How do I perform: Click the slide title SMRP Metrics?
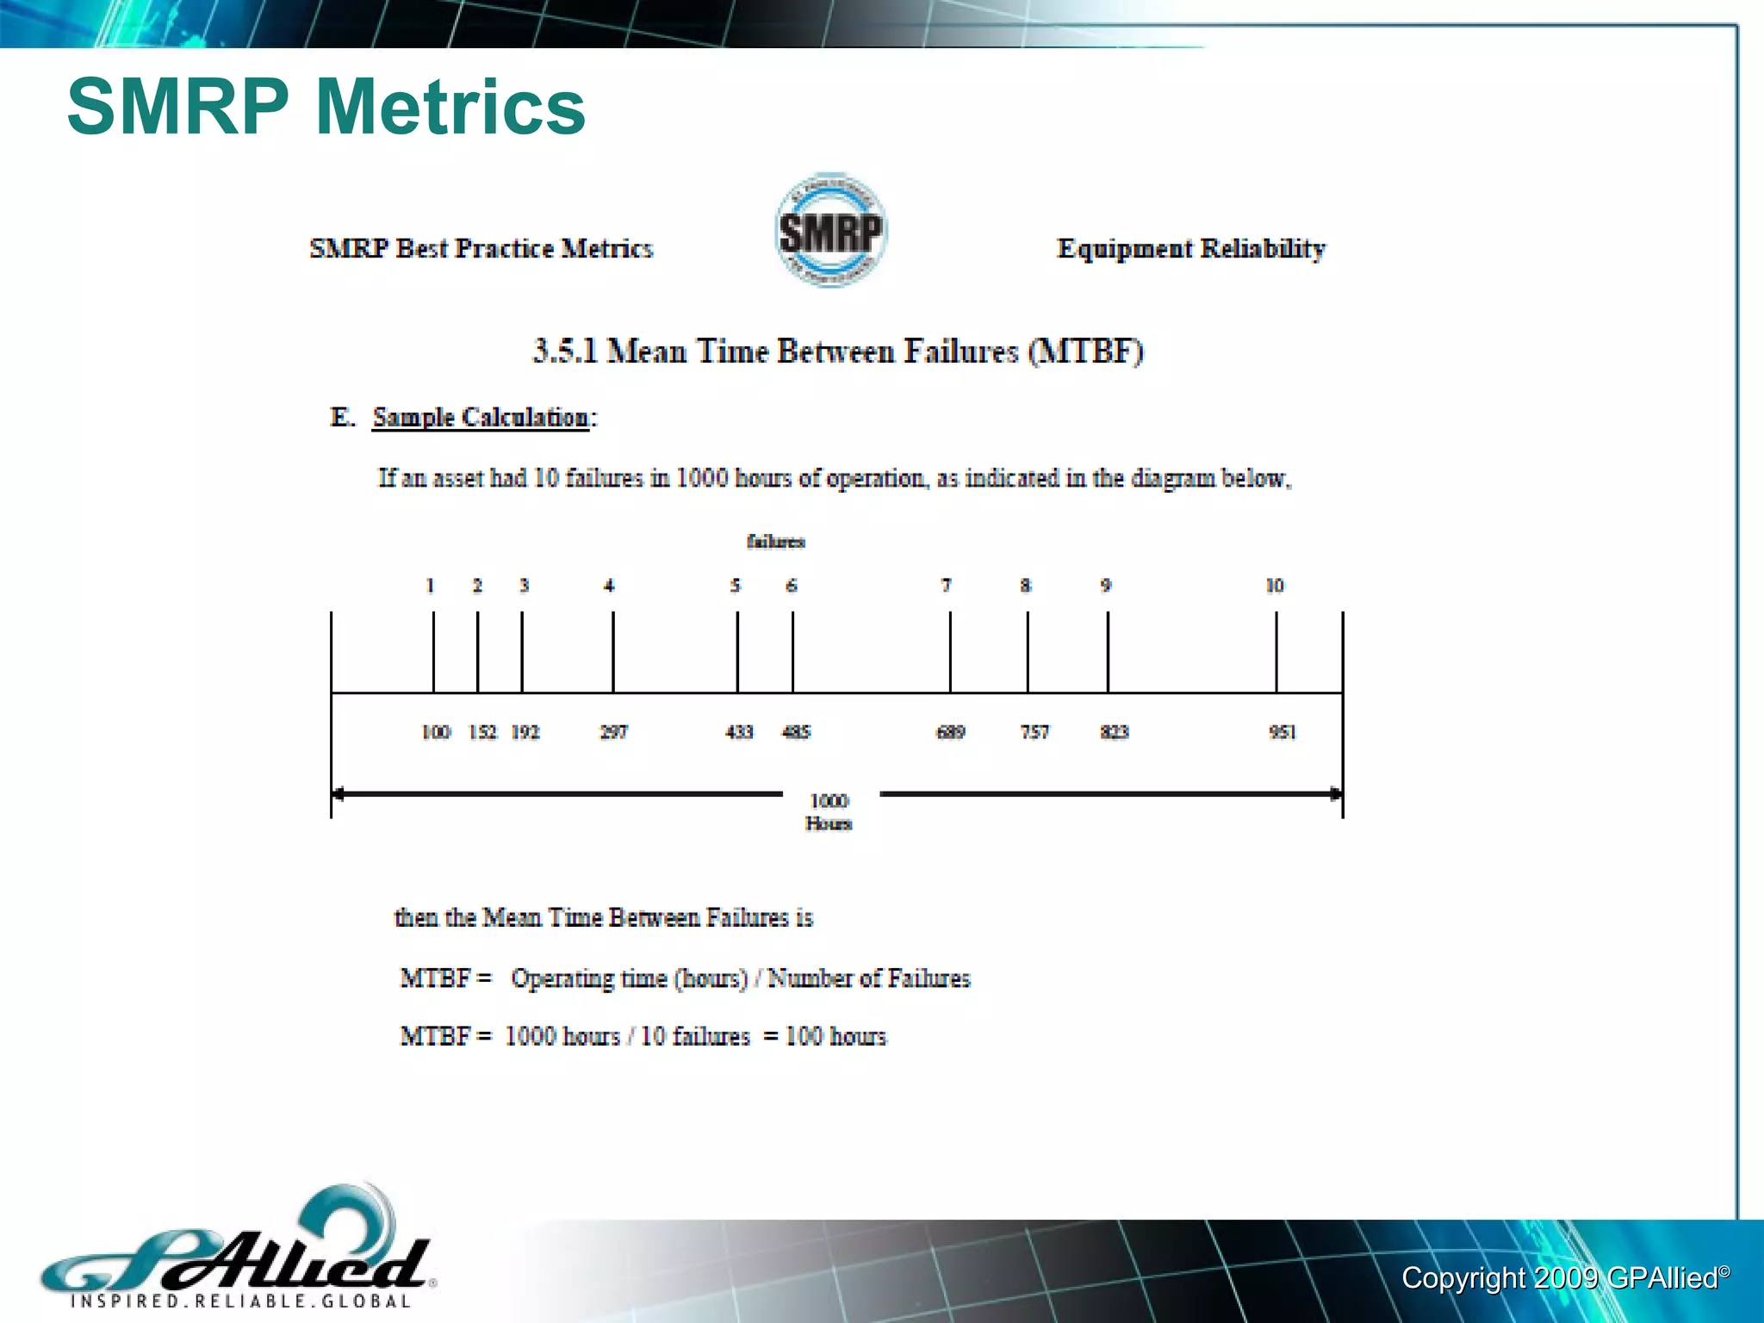click(x=326, y=107)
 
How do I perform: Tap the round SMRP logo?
click(x=829, y=230)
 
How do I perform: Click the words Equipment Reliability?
click(x=1190, y=249)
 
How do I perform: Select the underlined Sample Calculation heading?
click(x=481, y=418)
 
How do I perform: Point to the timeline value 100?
click(x=436, y=732)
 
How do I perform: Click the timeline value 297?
click(x=613, y=732)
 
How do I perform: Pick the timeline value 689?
click(x=951, y=732)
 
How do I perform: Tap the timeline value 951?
click(x=1282, y=732)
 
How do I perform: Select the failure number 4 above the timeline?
click(x=609, y=586)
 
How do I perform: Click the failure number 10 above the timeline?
click(x=1275, y=586)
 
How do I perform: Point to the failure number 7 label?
click(x=946, y=586)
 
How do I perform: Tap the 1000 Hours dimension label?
click(x=829, y=811)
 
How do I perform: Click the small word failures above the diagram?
click(x=775, y=542)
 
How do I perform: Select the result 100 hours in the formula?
click(x=835, y=1036)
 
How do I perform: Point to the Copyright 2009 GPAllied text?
click(x=1563, y=1278)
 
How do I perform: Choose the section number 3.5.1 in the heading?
click(x=565, y=351)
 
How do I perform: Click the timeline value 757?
click(x=1034, y=732)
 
